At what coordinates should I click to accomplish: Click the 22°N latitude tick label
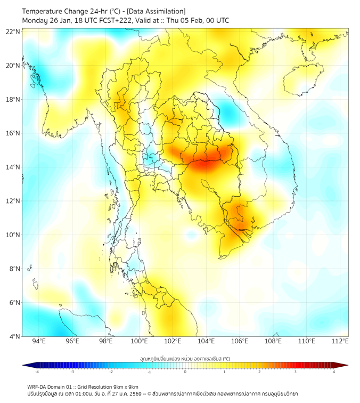point(13,31)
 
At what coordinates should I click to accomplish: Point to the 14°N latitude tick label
point(13,167)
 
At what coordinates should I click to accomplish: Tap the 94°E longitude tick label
point(39,341)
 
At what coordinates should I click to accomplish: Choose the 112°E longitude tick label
point(340,341)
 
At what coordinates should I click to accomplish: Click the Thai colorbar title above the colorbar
point(185,358)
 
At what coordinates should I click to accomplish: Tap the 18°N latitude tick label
point(13,99)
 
